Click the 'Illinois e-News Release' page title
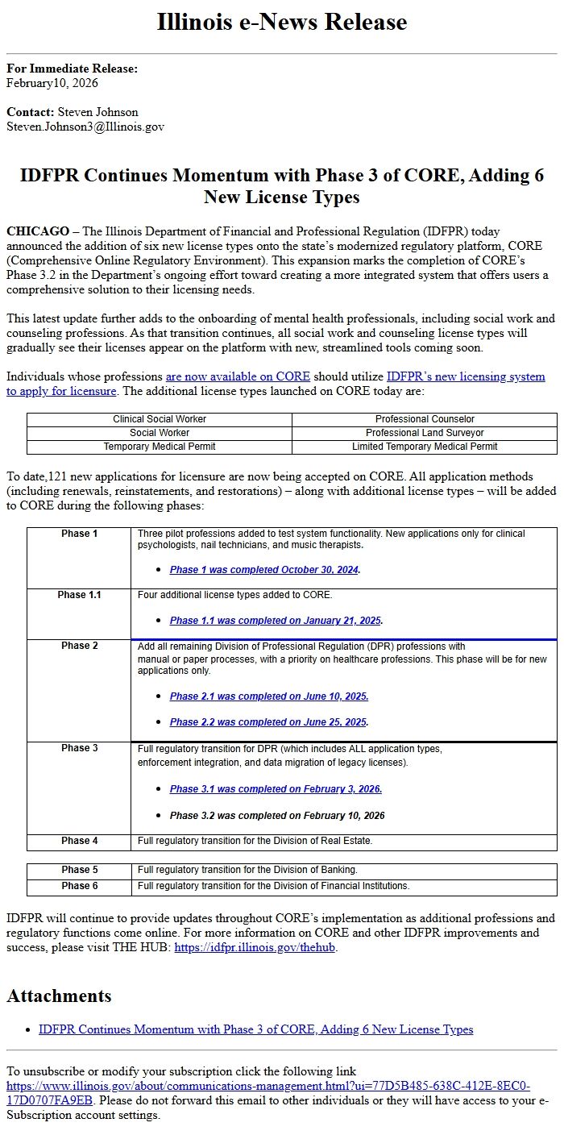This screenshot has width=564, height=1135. tap(282, 22)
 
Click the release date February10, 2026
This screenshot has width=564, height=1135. tap(52, 83)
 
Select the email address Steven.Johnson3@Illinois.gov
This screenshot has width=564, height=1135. tap(85, 127)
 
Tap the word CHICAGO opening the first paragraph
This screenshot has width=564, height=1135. tap(38, 231)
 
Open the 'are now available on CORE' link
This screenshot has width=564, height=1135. tap(238, 376)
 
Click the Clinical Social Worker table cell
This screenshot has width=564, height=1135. tap(160, 419)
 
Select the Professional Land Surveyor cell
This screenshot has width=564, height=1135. tap(425, 433)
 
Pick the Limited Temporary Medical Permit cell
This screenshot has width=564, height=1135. tap(425, 447)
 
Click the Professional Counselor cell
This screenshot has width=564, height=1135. tap(425, 419)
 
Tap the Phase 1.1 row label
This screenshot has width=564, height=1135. tap(79, 595)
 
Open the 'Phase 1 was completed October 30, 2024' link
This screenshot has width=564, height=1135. tap(264, 570)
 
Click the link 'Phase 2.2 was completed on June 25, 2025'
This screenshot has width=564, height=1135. tap(269, 722)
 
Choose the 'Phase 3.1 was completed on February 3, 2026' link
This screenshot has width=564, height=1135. tap(276, 789)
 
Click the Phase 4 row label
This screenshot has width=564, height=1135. tap(79, 841)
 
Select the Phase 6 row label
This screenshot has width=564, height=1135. tap(79, 886)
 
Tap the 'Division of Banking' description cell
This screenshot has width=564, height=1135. tap(247, 870)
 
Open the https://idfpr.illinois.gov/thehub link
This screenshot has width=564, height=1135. tap(255, 948)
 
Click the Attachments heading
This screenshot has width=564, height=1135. tap(59, 996)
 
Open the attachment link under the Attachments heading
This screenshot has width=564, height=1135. tap(255, 1029)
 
